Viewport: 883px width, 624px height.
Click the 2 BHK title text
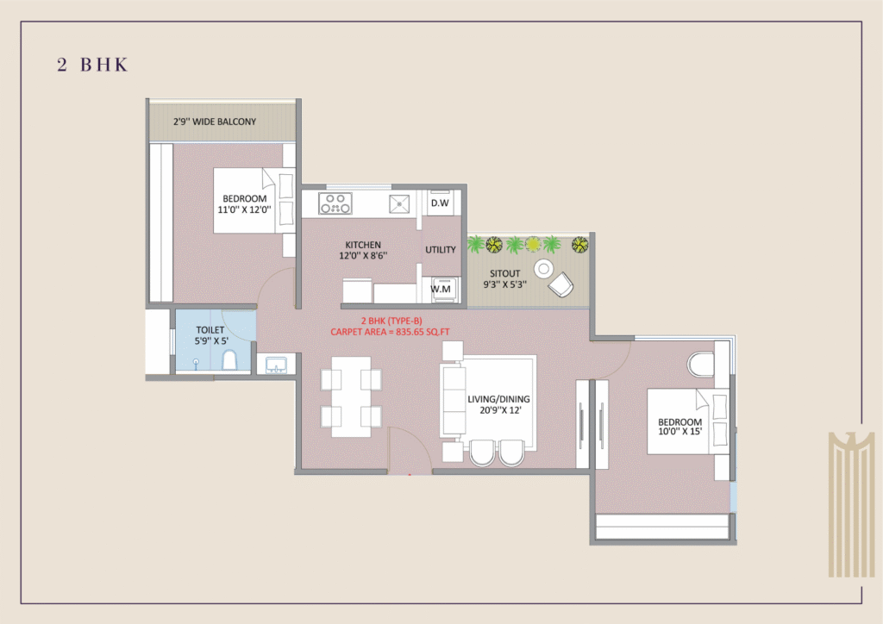(92, 65)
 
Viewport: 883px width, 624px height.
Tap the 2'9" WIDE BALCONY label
(215, 122)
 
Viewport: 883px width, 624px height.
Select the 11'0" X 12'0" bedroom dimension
(244, 210)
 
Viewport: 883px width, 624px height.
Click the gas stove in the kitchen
(335, 203)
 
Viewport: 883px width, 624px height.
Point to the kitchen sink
(399, 203)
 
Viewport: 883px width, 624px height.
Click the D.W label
(440, 203)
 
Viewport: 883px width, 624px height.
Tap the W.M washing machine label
(441, 290)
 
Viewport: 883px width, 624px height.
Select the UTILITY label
(441, 250)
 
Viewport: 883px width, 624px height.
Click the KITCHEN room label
(363, 245)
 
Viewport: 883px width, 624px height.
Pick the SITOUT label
(504, 273)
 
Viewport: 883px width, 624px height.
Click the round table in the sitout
(543, 269)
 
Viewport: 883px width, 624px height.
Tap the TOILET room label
(210, 330)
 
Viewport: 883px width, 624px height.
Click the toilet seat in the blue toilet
(229, 360)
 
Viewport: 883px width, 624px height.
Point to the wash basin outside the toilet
(276, 365)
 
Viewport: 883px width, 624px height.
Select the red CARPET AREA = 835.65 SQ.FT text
(390, 332)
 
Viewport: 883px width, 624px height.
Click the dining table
(351, 396)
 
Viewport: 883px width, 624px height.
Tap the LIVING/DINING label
(498, 399)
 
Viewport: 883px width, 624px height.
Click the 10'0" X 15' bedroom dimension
(679, 432)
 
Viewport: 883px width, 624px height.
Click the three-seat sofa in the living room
(454, 401)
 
